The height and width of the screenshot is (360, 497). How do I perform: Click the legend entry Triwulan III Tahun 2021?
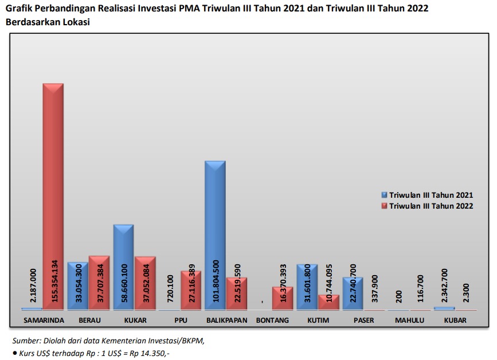click(x=431, y=195)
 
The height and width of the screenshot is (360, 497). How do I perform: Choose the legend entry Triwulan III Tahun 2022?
click(x=431, y=206)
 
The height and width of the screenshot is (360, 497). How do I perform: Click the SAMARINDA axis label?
click(x=43, y=320)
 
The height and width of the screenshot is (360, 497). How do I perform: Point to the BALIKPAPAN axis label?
click(x=226, y=320)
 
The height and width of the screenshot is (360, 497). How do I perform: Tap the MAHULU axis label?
click(x=409, y=320)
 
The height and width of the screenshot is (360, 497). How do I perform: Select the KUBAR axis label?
click(x=455, y=320)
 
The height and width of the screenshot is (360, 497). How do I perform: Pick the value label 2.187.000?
click(x=32, y=287)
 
